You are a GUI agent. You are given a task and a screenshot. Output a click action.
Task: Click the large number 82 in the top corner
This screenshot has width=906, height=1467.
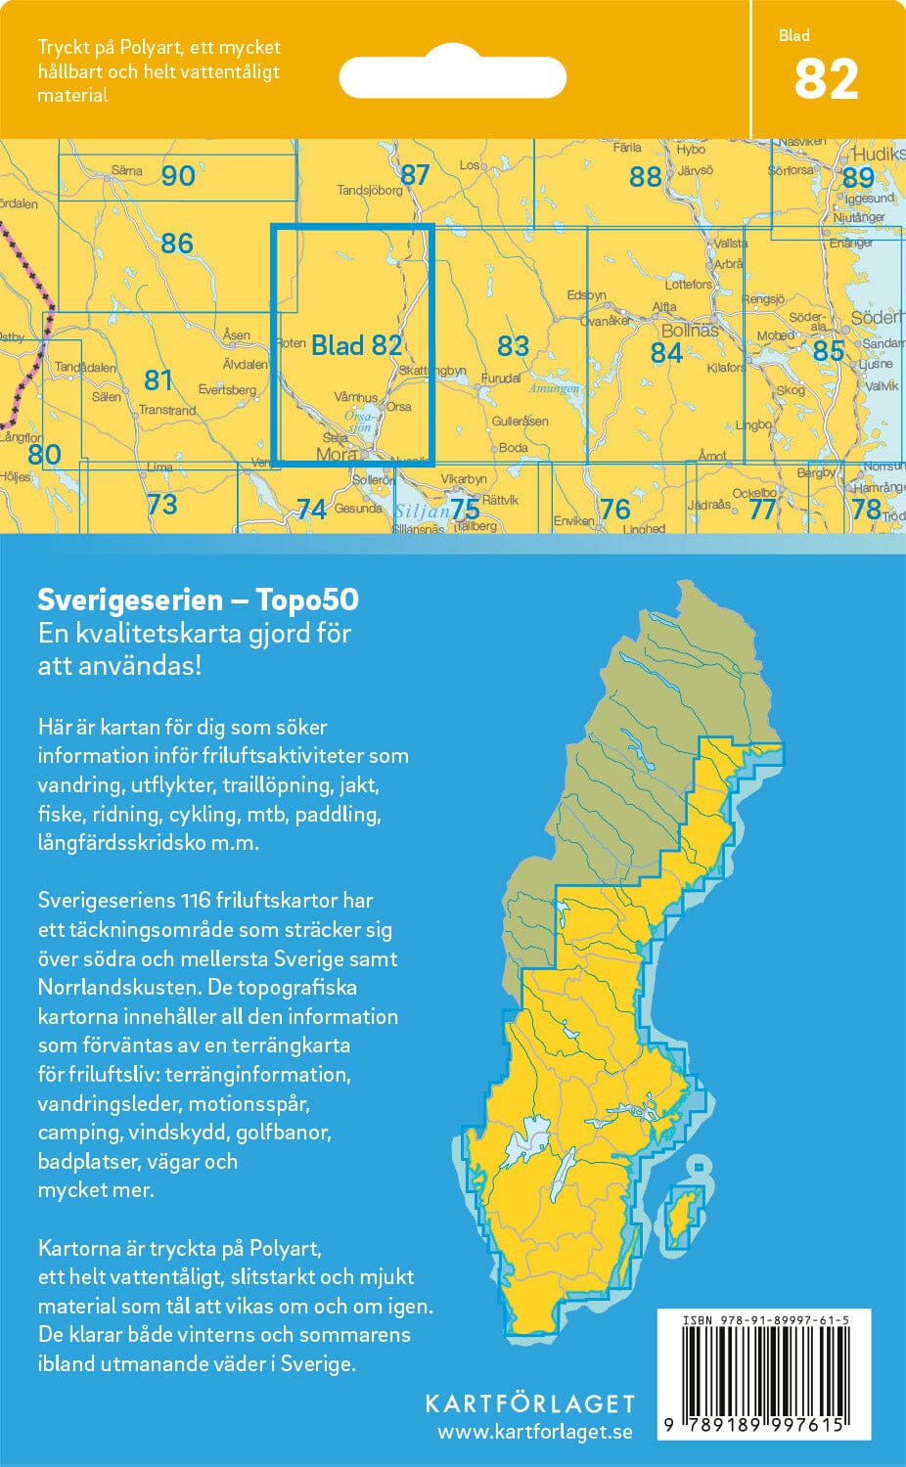tap(826, 80)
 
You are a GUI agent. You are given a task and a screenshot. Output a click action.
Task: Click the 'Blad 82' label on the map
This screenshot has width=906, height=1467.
tap(356, 344)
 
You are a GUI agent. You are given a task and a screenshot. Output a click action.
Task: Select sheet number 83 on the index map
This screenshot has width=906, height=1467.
tap(513, 345)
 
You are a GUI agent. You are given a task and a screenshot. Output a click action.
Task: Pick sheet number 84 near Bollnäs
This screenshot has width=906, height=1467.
tap(666, 352)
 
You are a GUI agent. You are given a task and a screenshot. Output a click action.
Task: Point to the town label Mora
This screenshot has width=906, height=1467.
tap(336, 455)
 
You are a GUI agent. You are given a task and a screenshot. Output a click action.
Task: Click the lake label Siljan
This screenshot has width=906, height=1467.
tap(422, 511)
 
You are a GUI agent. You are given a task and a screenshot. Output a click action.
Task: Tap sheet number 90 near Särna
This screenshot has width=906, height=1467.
tap(178, 176)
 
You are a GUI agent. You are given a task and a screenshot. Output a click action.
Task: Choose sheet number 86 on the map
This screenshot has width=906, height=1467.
tap(177, 243)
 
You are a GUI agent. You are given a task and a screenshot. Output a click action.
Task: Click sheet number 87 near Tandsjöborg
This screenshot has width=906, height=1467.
tap(415, 174)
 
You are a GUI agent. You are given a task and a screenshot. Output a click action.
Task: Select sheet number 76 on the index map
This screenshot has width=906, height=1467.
tap(614, 509)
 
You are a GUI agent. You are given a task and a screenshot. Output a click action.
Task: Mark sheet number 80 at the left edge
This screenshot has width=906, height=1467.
tap(44, 454)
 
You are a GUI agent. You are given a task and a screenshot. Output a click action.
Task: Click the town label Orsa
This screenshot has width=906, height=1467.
tap(398, 407)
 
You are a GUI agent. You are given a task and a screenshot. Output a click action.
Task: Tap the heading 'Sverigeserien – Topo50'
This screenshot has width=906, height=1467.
tap(198, 600)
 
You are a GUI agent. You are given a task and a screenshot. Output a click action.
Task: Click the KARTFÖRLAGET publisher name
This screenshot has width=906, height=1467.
tap(529, 1403)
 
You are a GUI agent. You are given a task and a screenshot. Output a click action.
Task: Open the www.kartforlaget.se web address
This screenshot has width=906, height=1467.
tap(534, 1433)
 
